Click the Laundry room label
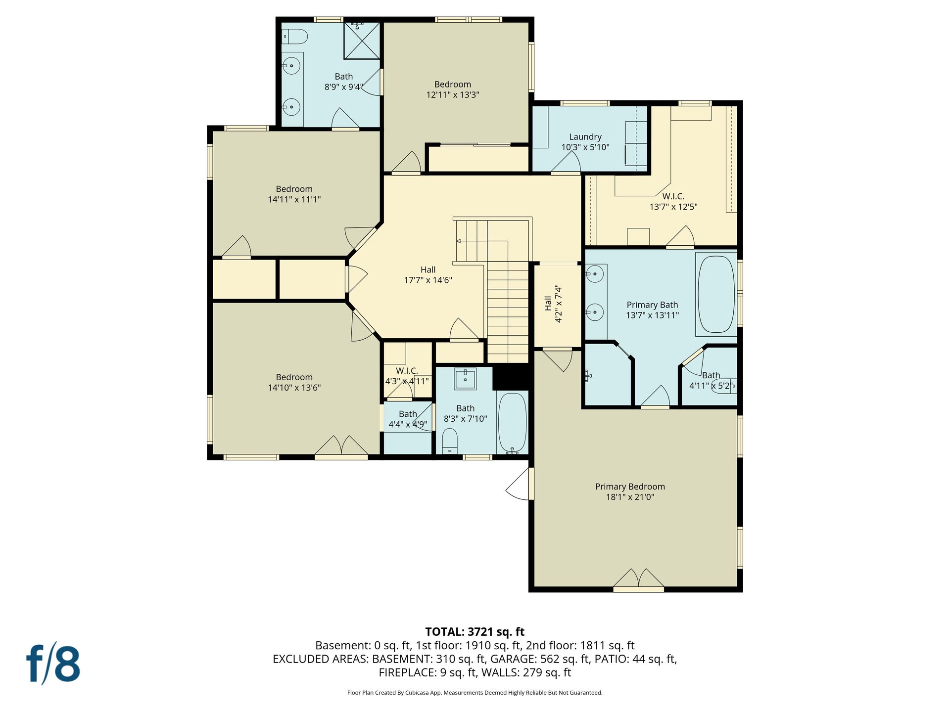click(x=585, y=137)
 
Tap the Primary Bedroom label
click(x=630, y=487)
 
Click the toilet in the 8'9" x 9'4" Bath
click(x=295, y=37)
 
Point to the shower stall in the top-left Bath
click(x=362, y=40)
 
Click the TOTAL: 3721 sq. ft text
click(x=475, y=631)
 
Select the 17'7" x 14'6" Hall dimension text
click(x=428, y=280)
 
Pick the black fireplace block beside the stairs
click(x=512, y=377)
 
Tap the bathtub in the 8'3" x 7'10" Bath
click(x=512, y=423)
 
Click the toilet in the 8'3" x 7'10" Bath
click(x=450, y=441)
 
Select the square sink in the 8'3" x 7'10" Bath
click(x=465, y=379)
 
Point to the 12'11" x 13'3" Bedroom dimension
click(x=453, y=94)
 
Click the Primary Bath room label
click(x=652, y=305)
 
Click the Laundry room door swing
click(x=566, y=162)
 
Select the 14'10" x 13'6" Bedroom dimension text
click(x=294, y=388)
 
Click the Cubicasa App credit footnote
click(x=475, y=693)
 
